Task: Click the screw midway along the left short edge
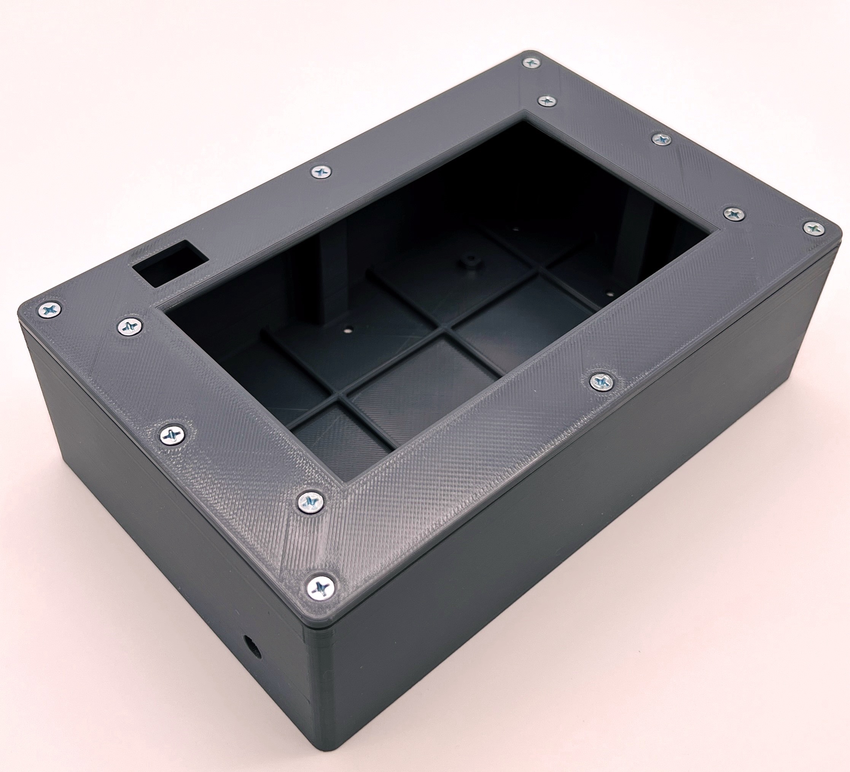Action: [x=173, y=433]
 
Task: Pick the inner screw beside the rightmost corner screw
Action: [x=734, y=214]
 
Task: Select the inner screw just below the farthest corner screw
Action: [x=547, y=101]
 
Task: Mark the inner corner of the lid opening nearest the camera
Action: [x=348, y=482]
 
